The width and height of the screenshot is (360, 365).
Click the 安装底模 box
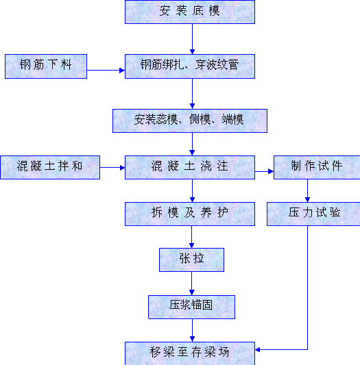coord(190,12)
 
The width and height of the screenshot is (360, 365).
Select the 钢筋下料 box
coord(46,66)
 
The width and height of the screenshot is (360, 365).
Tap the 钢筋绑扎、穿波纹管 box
coord(190,66)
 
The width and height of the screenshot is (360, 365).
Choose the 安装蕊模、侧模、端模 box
coord(190,121)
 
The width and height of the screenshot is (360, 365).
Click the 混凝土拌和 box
coord(50,167)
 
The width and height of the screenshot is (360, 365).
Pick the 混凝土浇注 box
coord(190,167)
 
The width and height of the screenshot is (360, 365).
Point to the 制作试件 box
coord(317,167)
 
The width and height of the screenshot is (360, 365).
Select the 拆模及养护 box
coord(190,214)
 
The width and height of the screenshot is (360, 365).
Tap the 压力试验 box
coord(313,214)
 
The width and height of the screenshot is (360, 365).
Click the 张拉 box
coord(192,260)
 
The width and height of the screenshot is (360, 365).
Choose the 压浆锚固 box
coord(192,307)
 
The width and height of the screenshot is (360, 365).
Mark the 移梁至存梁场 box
coord(190,353)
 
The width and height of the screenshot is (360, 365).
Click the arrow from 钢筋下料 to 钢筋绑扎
coord(106,70)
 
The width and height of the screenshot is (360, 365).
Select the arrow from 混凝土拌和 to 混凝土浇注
coord(112,167)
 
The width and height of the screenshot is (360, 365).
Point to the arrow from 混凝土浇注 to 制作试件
coord(264,172)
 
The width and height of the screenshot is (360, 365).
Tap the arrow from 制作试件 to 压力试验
coord(307,190)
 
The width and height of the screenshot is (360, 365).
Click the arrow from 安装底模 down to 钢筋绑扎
coord(193,39)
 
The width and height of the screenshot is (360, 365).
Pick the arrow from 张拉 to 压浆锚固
coord(192,284)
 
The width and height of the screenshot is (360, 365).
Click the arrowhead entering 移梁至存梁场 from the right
coord(257,349)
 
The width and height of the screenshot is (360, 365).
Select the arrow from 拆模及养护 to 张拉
coord(192,237)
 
